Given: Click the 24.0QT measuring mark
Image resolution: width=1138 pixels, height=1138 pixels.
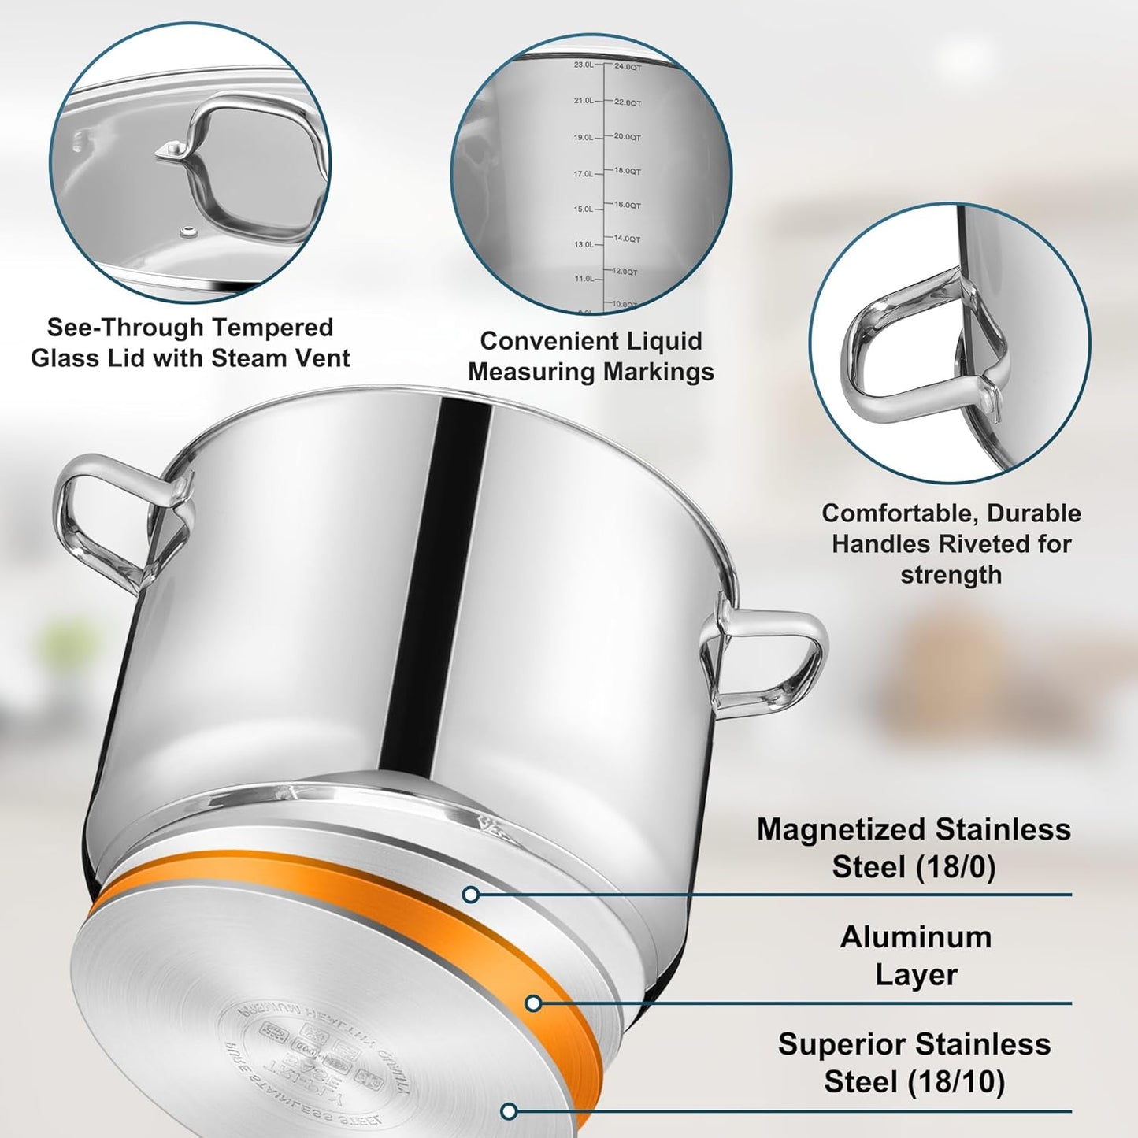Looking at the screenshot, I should coord(628,68).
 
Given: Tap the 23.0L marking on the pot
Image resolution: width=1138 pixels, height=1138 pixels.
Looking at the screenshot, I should coord(584,65).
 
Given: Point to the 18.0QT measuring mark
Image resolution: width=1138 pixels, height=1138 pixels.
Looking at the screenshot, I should coord(628,171).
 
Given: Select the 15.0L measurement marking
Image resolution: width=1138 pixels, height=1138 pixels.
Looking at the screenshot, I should coord(584,209).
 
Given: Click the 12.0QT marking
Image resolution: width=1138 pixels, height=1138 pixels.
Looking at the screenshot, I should coord(625,272).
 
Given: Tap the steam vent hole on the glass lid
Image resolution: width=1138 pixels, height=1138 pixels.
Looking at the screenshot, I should coord(189,231).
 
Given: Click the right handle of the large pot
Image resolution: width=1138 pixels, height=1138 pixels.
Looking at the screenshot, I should coord(768,658).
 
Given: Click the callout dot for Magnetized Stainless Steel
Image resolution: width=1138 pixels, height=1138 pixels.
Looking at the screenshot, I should coord(471,895).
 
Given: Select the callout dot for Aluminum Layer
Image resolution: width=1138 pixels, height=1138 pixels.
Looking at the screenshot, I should coord(533,1003).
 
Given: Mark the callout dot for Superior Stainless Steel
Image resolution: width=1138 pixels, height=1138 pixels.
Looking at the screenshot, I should coord(510,1111).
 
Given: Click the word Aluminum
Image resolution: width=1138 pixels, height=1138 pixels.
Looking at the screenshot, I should coord(916,937).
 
